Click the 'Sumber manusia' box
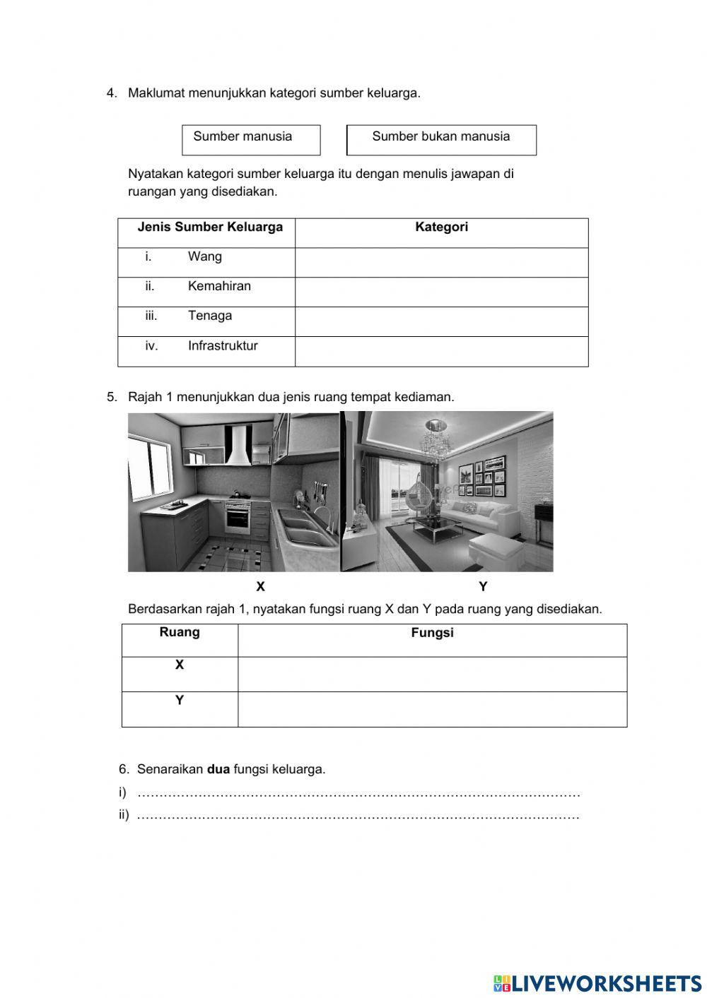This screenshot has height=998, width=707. point(251,140)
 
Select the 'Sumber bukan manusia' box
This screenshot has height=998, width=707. point(441,140)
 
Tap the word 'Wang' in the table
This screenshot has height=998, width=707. point(204,257)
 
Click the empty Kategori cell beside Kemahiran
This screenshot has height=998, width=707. point(441,292)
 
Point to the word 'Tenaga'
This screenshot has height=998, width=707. point(209,316)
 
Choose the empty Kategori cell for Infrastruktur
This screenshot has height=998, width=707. point(441,351)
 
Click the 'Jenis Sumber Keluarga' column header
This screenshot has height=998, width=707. point(210,227)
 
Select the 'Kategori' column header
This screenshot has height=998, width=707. point(441,227)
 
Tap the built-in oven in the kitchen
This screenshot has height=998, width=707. point(238,519)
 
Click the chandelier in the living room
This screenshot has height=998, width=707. point(434,439)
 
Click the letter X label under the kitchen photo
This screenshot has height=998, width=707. point(260,587)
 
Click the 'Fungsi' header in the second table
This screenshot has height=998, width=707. point(432,634)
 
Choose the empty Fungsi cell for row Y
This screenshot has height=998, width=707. point(432,709)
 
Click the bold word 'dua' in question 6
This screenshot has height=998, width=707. point(218,769)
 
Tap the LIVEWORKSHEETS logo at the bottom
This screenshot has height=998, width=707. point(597,983)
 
